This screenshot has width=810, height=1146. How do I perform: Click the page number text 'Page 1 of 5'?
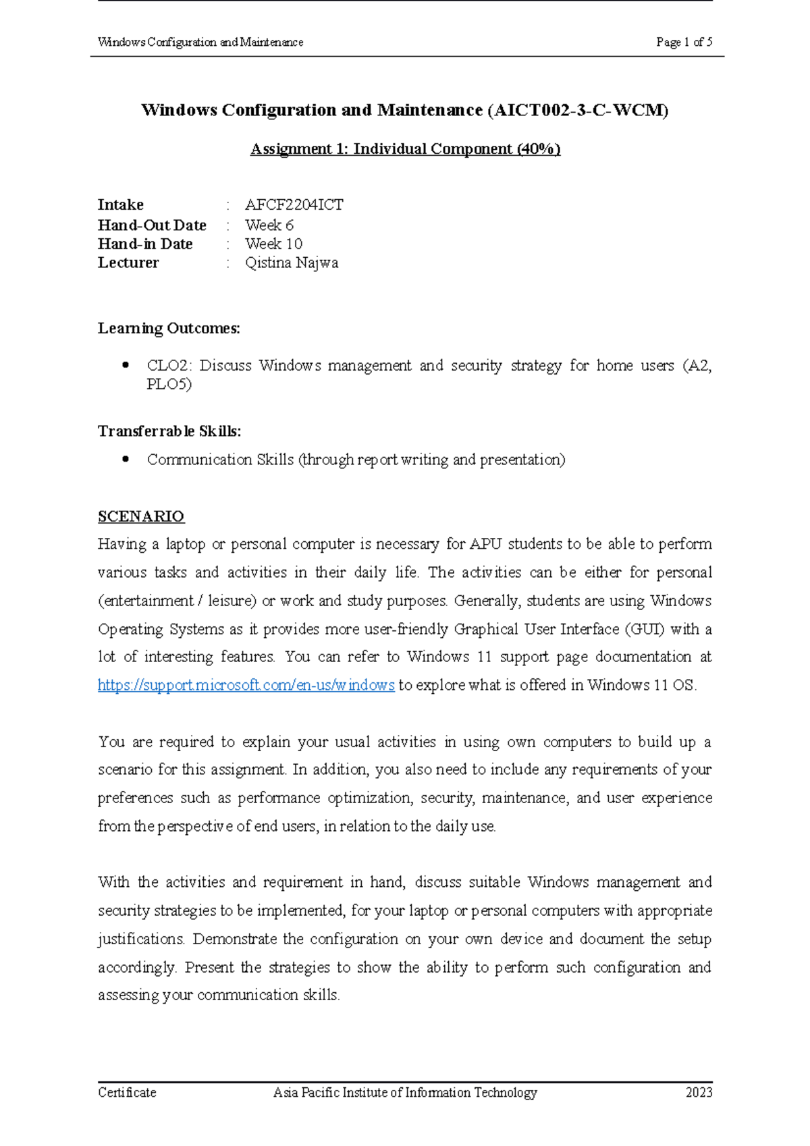(684, 42)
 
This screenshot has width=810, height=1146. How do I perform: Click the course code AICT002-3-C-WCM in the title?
(578, 110)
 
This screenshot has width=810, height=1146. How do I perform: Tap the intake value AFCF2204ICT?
(294, 204)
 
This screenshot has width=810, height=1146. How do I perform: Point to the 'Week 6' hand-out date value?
(269, 225)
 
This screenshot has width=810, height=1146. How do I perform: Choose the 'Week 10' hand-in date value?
(273, 244)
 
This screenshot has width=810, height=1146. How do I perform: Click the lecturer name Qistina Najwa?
(291, 263)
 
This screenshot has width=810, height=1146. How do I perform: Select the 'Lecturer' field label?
(128, 263)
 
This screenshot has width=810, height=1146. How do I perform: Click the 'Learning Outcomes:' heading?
(169, 328)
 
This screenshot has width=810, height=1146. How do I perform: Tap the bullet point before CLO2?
(125, 365)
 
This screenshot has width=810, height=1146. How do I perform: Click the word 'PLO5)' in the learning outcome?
(169, 384)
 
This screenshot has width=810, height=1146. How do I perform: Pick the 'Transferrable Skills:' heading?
(169, 431)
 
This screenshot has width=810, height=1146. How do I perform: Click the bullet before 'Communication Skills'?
(125, 459)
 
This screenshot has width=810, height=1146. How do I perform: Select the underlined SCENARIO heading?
(140, 516)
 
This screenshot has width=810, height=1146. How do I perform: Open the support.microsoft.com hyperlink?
(246, 685)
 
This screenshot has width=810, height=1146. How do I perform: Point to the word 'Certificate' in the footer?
(127, 1092)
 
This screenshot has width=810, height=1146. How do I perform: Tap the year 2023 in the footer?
(699, 1092)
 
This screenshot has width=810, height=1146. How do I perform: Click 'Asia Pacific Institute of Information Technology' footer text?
(405, 1092)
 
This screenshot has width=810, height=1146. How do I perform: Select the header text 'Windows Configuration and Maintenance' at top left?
(200, 42)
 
